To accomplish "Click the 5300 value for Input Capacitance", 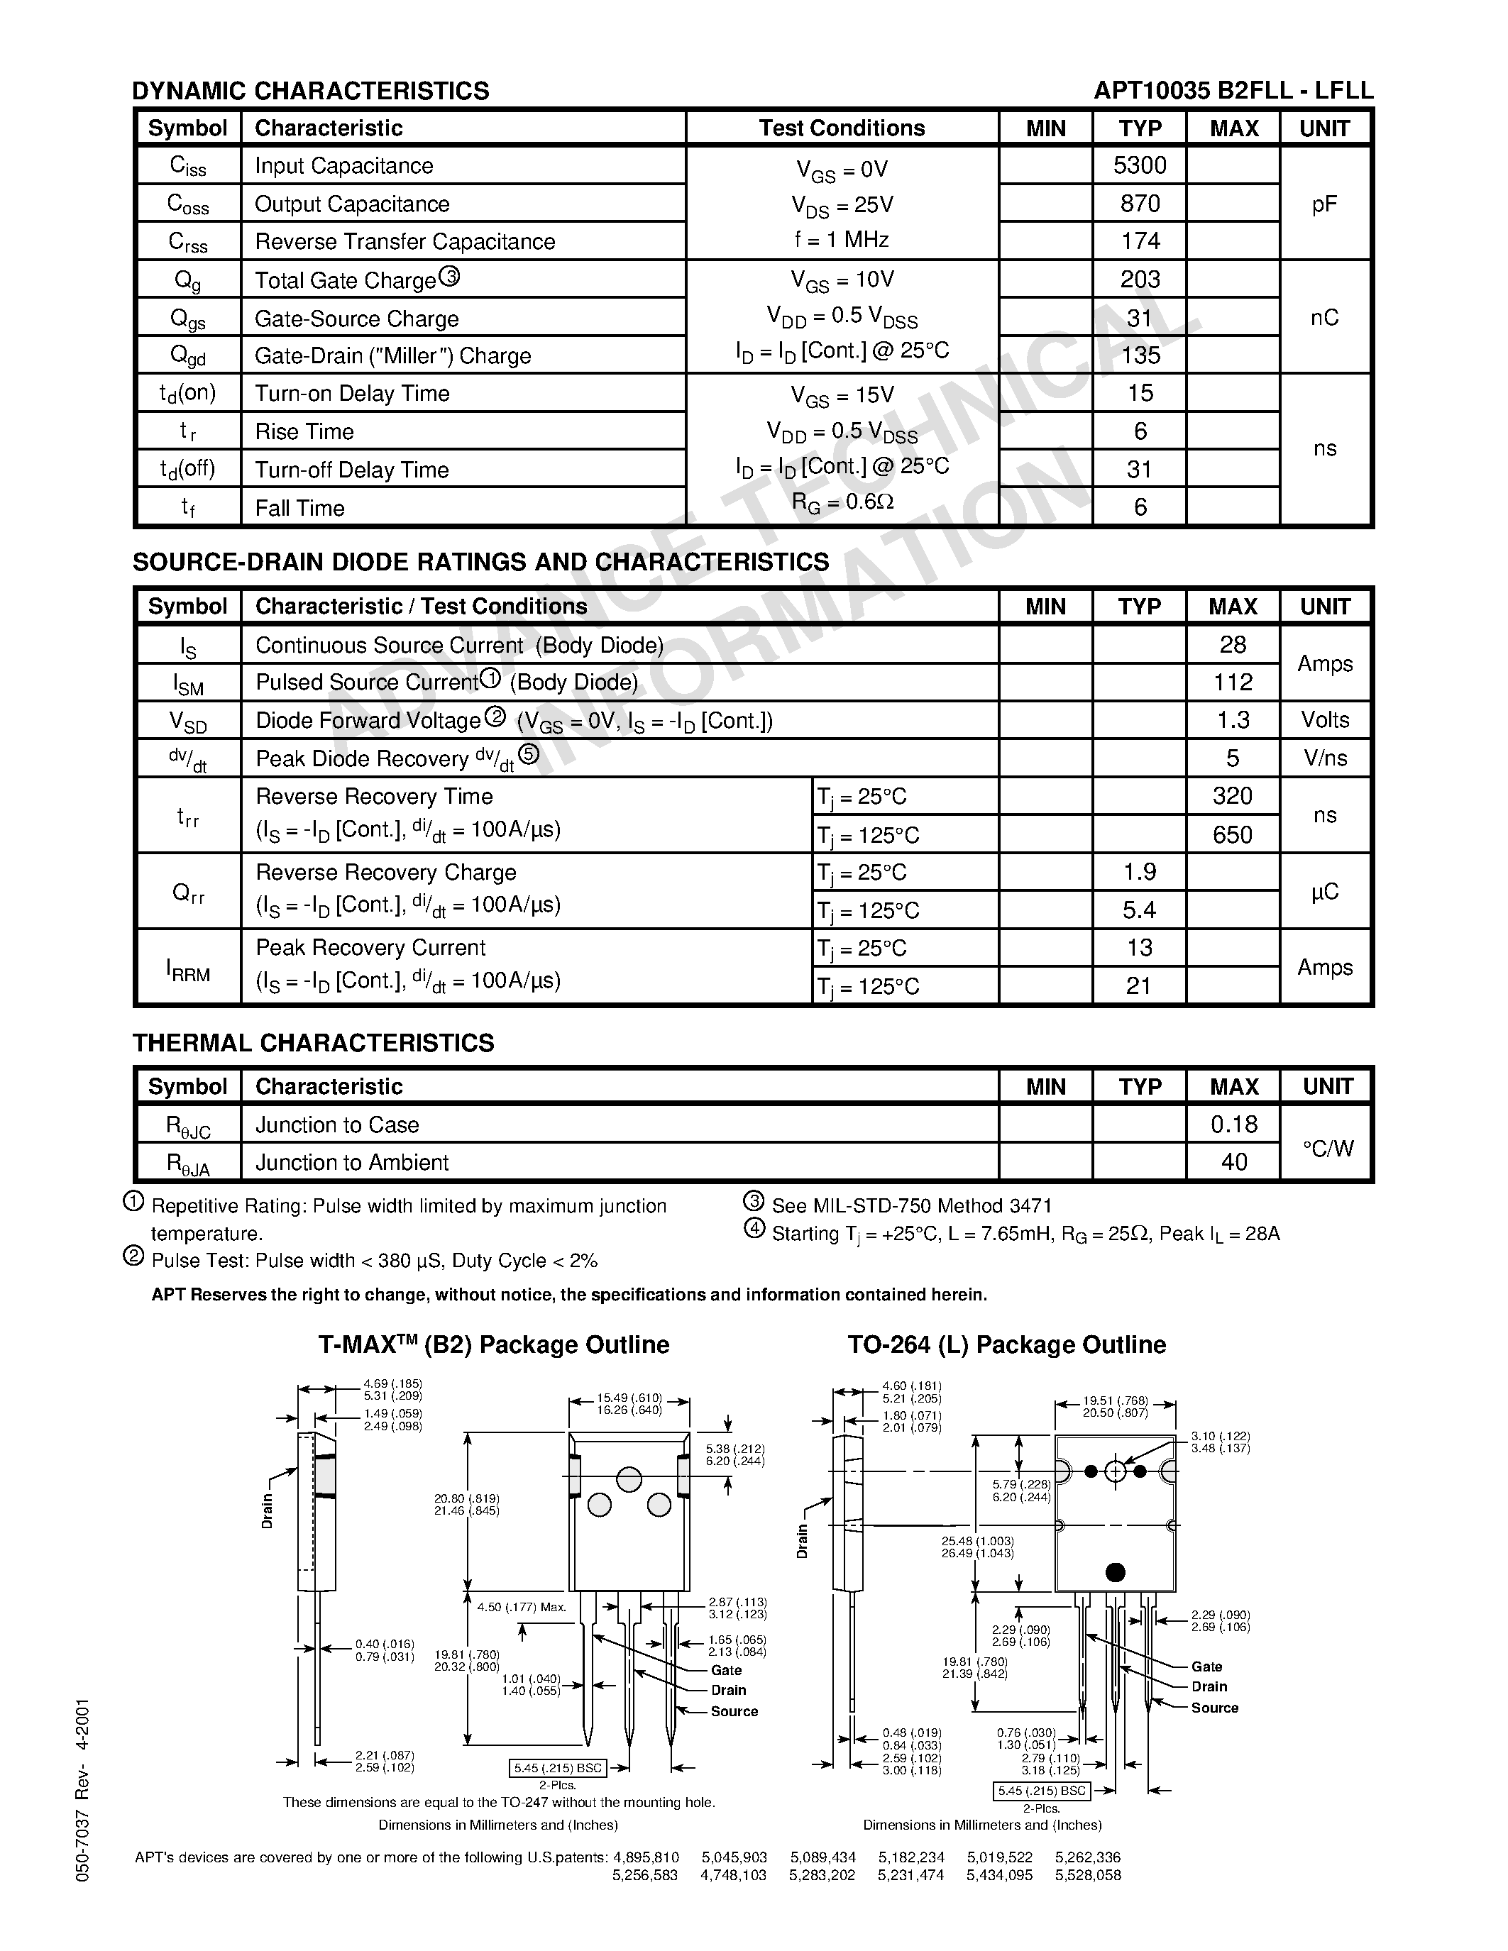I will click(x=1140, y=165).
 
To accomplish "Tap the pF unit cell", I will click(x=1324, y=204).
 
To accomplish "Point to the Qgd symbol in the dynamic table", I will click(x=187, y=355).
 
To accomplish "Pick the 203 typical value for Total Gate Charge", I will click(x=1140, y=280).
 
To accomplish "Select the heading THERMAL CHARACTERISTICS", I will click(x=313, y=1042).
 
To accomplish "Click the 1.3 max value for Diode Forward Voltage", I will click(x=1233, y=720).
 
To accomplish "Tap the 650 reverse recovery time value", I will click(x=1233, y=834).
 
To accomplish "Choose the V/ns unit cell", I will click(x=1325, y=758).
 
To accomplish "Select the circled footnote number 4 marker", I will click(x=755, y=1230).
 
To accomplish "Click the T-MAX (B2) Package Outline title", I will click(x=494, y=1344).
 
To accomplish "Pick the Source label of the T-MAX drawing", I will click(x=734, y=1710).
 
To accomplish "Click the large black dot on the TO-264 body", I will click(x=1115, y=1571).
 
